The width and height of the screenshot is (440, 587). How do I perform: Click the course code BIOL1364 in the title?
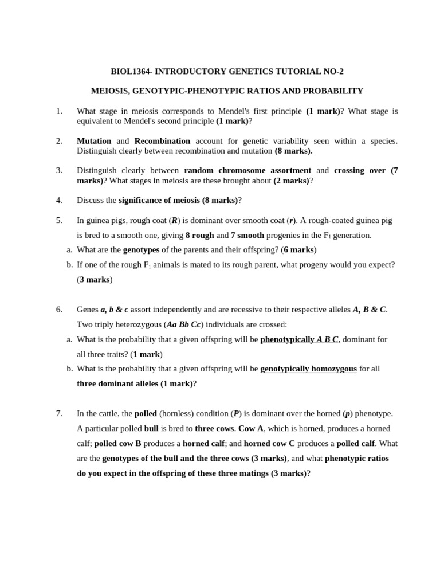coord(130,72)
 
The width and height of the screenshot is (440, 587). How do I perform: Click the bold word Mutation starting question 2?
coord(94,141)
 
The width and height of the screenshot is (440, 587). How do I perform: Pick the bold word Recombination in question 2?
coord(162,141)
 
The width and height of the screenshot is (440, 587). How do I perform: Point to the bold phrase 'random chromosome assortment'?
coord(247,170)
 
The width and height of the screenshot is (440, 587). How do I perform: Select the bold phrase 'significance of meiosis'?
coord(159,200)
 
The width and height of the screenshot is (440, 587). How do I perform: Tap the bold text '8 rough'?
coord(199,235)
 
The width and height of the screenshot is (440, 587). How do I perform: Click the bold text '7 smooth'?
coord(247,235)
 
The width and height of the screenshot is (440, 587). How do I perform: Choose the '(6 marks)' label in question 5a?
coord(298,250)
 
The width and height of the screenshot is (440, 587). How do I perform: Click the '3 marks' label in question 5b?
coord(95,280)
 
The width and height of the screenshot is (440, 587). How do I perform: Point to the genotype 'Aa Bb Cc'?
coord(183,324)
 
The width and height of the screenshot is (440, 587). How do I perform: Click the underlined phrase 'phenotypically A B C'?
coord(299,339)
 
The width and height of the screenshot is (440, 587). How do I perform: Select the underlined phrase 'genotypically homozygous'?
coord(308,369)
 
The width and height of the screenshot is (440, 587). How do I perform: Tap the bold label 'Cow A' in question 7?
coord(251,429)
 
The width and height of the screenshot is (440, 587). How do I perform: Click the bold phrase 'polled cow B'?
coord(117,444)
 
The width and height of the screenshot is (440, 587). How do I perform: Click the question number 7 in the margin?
coord(59,414)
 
